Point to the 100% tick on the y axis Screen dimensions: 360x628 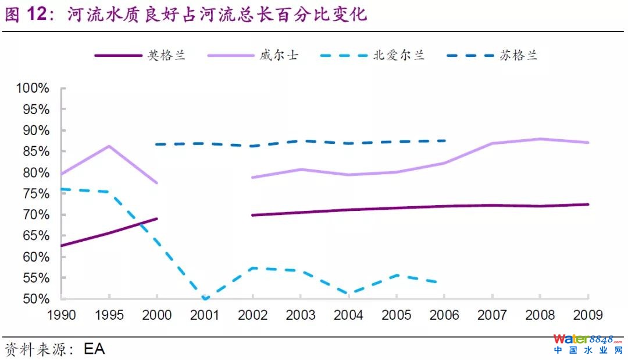[x=33, y=89]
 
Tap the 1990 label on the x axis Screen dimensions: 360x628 [x=61, y=316]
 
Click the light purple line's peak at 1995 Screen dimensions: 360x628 [x=109, y=146]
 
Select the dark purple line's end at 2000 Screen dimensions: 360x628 [x=157, y=219]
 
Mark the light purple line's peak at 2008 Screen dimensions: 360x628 [x=540, y=139]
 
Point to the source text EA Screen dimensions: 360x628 [x=94, y=350]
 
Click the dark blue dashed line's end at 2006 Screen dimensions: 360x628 [x=445, y=140]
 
